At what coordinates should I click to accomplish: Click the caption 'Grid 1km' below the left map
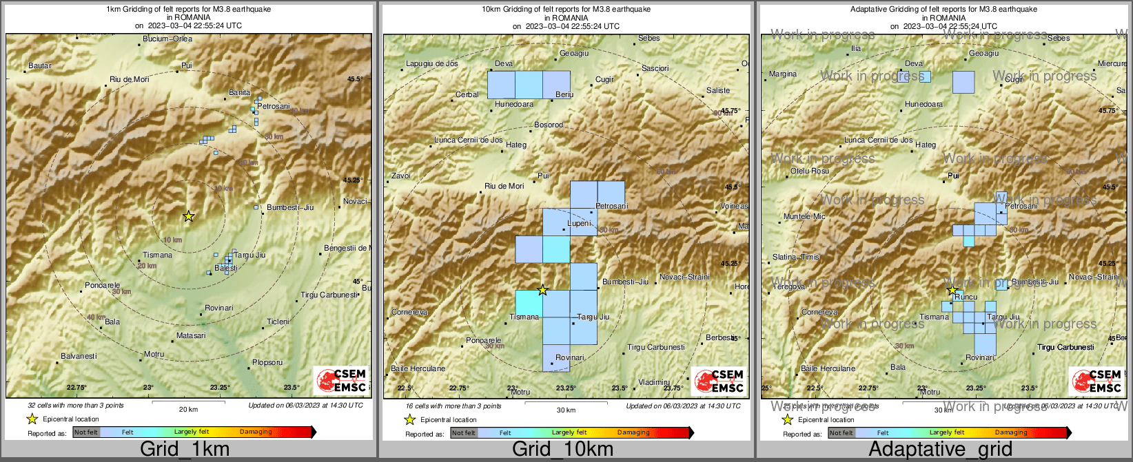tap(184, 450)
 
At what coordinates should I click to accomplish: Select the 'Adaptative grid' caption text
tap(940, 450)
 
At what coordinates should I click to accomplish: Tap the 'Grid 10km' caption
tap(562, 450)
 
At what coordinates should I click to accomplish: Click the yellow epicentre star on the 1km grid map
tap(188, 216)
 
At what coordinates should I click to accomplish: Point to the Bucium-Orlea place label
tap(167, 39)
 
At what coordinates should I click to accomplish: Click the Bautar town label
tap(40, 66)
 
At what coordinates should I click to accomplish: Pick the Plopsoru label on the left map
tap(267, 363)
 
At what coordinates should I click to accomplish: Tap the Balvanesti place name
tap(79, 357)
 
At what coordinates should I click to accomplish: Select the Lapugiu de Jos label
tap(432, 64)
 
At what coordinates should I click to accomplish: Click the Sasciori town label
tap(655, 69)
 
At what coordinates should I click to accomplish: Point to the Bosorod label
tap(549, 125)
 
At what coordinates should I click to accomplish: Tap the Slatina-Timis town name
tap(796, 258)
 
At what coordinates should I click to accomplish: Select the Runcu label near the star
tap(966, 297)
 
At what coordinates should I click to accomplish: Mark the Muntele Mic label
tap(804, 217)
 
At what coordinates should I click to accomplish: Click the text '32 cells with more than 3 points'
tap(76, 406)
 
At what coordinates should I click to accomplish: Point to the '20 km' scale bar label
tap(188, 410)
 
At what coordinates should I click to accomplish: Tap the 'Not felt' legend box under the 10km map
tap(464, 433)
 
